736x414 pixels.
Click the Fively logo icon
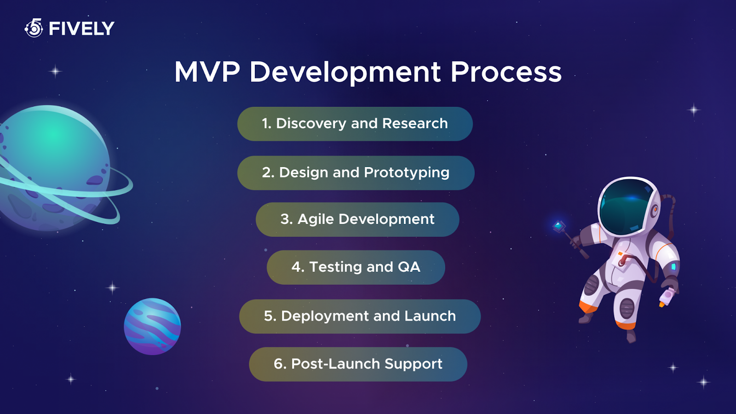pos(34,29)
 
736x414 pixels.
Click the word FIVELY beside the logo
pos(81,29)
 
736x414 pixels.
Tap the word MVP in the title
pos(207,72)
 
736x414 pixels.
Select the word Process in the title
pos(506,72)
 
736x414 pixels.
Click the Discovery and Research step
pos(355,124)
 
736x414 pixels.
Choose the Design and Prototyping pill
pos(356,173)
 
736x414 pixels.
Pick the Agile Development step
pos(357,219)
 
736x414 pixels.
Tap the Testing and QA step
pos(356,267)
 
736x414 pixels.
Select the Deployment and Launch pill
pos(360,316)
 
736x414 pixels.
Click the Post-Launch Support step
pos(358,364)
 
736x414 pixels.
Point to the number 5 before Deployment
pos(269,316)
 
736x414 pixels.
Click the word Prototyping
pos(407,173)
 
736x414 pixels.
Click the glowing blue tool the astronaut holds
pos(559,226)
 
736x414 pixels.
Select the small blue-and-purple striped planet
pos(152,327)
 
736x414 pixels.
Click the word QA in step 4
pos(409,267)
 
